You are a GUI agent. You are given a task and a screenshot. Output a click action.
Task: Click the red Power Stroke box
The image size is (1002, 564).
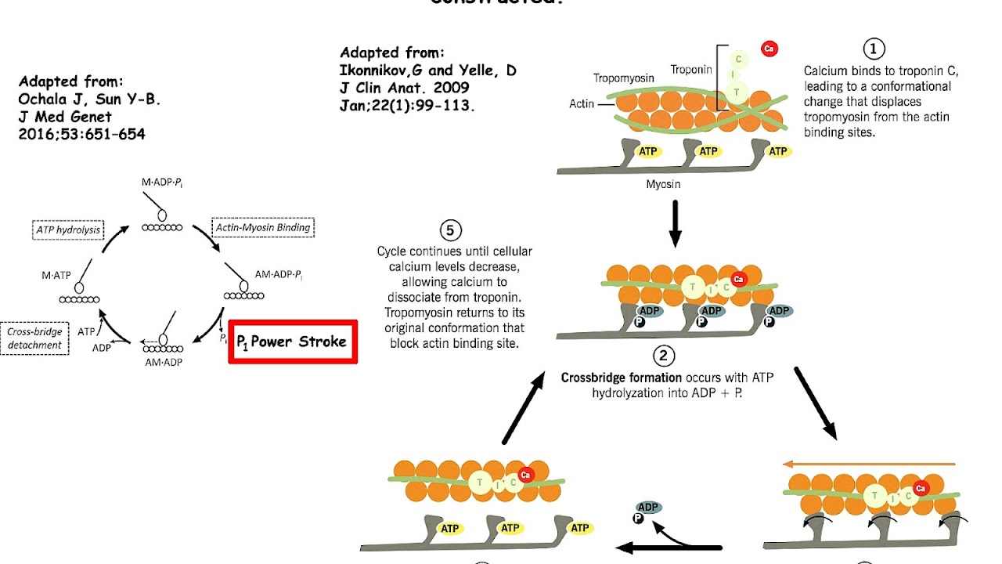293,342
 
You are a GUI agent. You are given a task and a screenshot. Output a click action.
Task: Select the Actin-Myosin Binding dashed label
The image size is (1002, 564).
264,228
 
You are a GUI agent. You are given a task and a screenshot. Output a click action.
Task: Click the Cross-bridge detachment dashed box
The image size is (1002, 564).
34,338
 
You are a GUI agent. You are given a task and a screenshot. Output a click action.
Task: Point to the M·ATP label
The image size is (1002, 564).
56,275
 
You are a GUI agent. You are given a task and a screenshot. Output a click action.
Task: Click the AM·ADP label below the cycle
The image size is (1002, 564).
164,362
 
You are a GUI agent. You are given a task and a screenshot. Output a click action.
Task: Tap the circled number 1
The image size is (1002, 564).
874,49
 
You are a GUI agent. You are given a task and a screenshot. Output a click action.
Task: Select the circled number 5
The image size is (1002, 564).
450,231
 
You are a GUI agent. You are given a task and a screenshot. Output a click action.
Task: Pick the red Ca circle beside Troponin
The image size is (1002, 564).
769,49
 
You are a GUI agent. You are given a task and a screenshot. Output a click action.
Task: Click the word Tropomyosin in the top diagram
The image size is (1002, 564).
623,78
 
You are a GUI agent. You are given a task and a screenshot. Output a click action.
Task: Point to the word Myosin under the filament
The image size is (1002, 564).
662,184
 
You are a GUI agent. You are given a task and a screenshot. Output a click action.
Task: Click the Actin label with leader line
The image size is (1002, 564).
582,103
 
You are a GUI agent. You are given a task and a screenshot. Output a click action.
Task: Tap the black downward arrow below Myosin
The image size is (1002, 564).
676,226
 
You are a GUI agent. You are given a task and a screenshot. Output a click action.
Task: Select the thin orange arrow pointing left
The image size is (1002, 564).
870,464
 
